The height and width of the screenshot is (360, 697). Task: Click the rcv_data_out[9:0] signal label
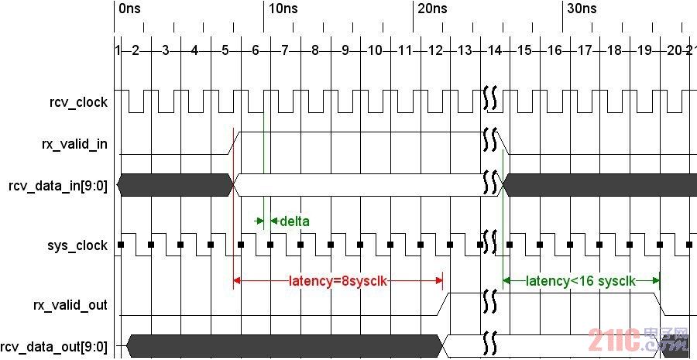pyautogui.click(x=54, y=346)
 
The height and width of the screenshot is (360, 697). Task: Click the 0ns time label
pyautogui.click(x=130, y=9)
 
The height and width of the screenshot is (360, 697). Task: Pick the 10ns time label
pyautogui.click(x=283, y=9)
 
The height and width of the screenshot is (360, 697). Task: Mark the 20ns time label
pyautogui.click(x=432, y=9)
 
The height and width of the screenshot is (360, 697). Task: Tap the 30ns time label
pyautogui.click(x=582, y=9)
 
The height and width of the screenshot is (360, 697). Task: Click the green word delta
pyautogui.click(x=294, y=221)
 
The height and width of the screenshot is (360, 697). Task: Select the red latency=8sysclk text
pyautogui.click(x=338, y=280)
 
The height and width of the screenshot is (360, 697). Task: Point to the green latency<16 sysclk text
pyautogui.click(x=581, y=280)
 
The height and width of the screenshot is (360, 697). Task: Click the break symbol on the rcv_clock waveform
pyautogui.click(x=489, y=98)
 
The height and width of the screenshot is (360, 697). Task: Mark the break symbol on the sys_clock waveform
pyautogui.click(x=489, y=242)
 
